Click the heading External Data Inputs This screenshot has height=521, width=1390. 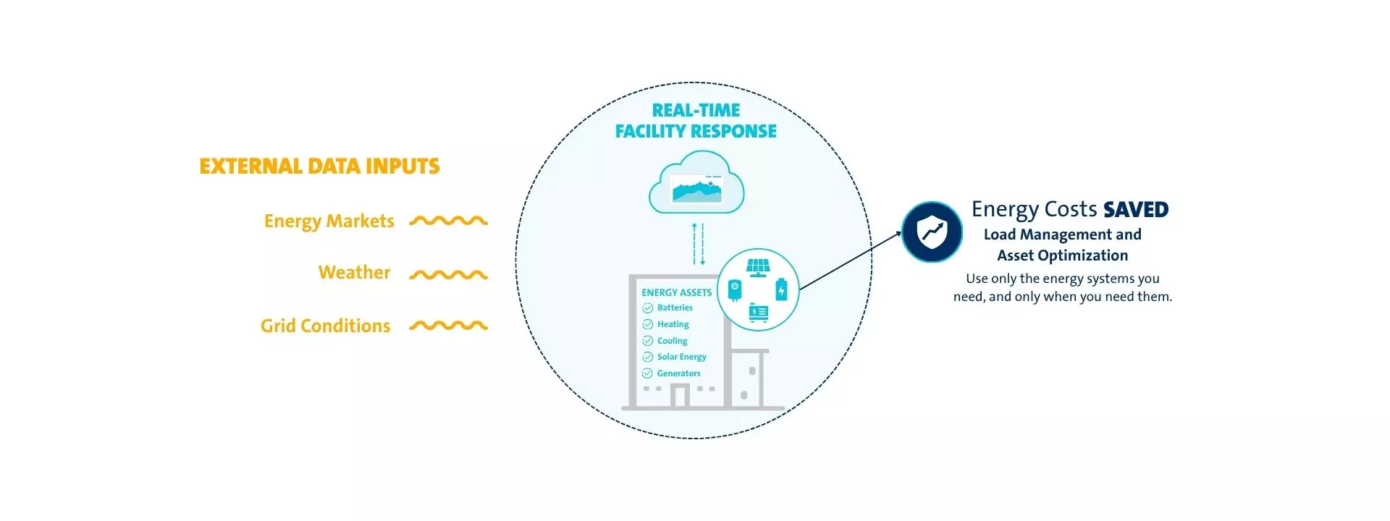319,166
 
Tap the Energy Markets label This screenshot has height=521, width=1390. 329,221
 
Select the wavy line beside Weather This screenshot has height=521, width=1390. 448,274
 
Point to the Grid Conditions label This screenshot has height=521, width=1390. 325,326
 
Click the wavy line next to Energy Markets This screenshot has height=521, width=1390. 448,221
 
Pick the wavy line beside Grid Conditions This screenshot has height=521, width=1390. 448,326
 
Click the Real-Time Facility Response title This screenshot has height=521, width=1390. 696,121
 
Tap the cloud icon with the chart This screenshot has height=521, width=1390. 696,184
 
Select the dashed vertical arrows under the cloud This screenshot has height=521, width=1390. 698,244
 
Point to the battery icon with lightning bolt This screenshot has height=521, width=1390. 781,289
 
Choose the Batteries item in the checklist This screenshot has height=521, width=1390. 675,308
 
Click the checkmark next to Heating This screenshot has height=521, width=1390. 648,324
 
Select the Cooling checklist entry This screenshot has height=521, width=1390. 672,341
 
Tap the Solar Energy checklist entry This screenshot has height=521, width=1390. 681,357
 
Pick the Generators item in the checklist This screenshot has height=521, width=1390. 678,373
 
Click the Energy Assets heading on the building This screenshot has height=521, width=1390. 676,292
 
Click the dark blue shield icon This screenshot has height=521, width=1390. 932,232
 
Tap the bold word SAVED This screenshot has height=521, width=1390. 1136,210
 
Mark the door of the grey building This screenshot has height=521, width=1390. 679,396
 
